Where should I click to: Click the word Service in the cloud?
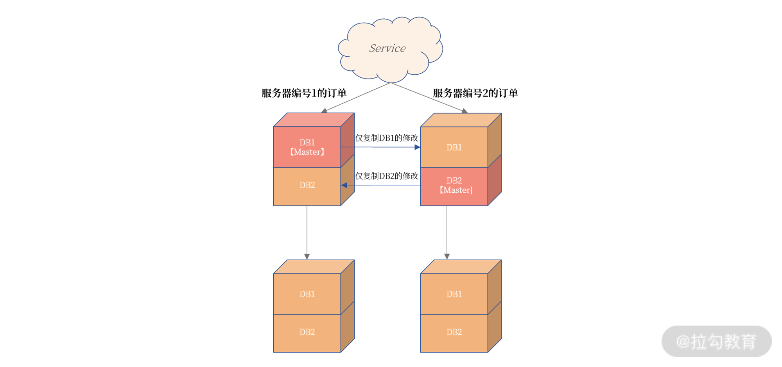click(x=387, y=48)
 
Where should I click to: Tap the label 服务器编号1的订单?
click(x=304, y=93)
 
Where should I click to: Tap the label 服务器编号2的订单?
click(x=475, y=93)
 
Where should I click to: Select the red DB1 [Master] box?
click(x=307, y=147)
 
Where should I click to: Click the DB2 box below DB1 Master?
click(x=307, y=185)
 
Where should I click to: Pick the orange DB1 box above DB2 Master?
click(x=454, y=147)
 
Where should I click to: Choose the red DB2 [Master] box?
click(x=454, y=186)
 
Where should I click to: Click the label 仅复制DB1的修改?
click(x=386, y=138)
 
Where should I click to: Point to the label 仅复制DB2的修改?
click(x=386, y=176)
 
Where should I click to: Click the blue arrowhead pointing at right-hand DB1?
click(x=417, y=147)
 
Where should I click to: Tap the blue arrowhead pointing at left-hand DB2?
click(x=344, y=185)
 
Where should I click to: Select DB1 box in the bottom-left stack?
click(x=307, y=294)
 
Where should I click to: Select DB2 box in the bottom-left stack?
click(x=307, y=332)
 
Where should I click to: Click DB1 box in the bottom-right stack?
click(x=454, y=294)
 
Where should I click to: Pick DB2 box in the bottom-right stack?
click(x=454, y=332)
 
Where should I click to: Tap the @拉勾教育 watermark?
click(x=716, y=341)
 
